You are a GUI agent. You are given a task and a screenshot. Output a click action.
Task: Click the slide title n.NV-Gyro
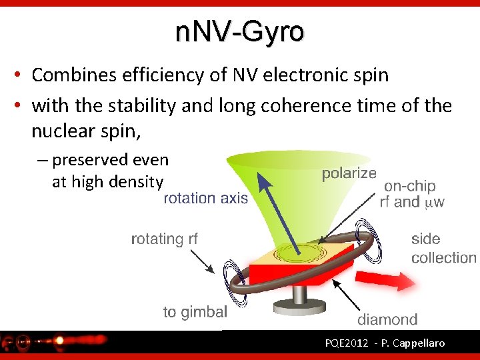(x=239, y=31)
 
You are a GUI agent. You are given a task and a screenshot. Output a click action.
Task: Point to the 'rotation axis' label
(x=205, y=198)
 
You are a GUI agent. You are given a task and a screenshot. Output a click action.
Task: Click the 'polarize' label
(x=349, y=173)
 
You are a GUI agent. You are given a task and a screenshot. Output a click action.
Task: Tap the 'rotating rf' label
(x=164, y=239)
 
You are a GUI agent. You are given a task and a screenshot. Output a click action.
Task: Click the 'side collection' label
(x=443, y=248)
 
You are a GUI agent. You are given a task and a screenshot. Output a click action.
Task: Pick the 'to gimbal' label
(x=195, y=311)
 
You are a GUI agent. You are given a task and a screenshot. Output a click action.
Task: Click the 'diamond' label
(x=387, y=319)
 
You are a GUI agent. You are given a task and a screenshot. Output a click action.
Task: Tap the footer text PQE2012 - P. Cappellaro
(x=385, y=344)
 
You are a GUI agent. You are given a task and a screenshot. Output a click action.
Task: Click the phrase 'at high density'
(x=107, y=181)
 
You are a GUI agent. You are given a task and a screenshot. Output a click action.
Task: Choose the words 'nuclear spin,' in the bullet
(x=86, y=132)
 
